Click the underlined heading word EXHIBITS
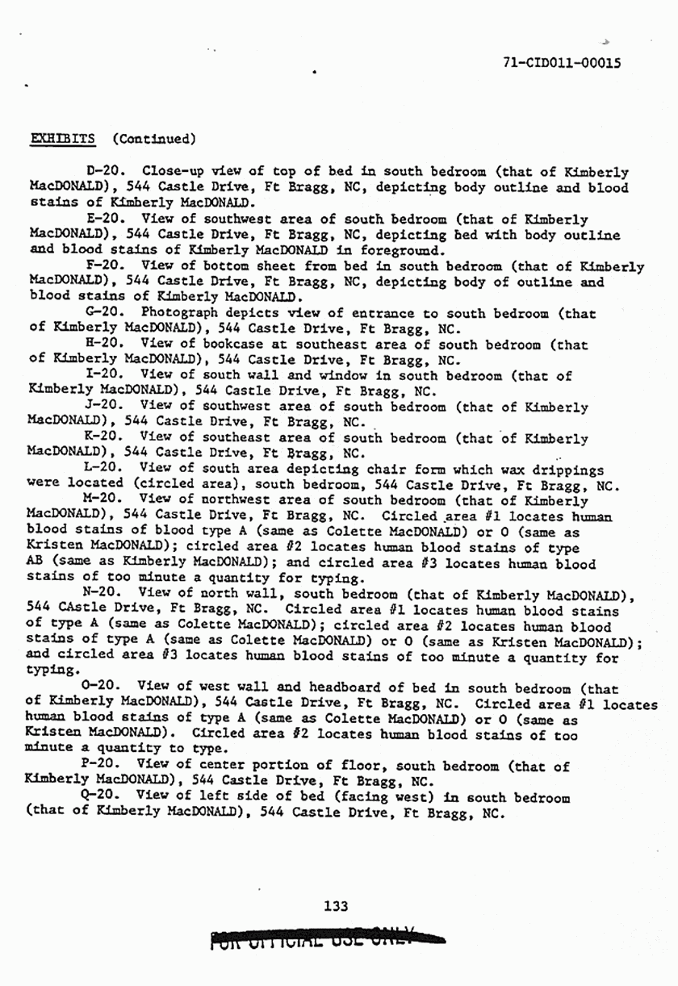click(63, 138)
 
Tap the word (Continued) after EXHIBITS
click(154, 138)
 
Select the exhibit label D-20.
click(109, 171)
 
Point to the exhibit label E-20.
click(107, 219)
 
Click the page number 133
click(335, 905)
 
